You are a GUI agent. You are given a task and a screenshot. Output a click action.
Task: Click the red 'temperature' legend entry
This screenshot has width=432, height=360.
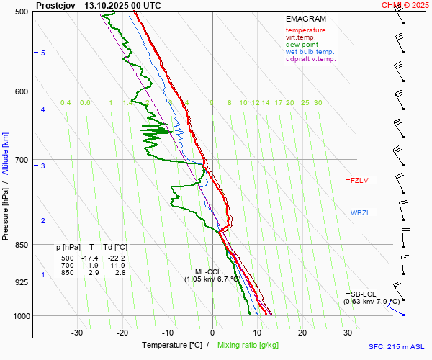click(x=305, y=30)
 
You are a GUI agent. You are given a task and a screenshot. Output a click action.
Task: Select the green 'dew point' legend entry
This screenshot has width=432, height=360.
click(x=302, y=45)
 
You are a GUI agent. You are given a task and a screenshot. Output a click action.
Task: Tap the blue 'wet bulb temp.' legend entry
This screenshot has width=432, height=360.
click(x=310, y=52)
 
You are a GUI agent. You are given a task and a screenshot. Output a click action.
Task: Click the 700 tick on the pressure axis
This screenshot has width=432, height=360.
click(x=22, y=160)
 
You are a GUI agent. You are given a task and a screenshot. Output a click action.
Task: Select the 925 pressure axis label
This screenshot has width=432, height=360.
click(x=22, y=282)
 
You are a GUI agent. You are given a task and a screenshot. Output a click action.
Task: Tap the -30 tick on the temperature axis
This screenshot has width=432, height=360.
click(x=77, y=333)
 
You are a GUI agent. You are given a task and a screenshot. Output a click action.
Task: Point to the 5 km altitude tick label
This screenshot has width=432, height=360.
click(x=43, y=53)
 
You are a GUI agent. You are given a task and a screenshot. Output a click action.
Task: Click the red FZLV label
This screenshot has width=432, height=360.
click(x=359, y=180)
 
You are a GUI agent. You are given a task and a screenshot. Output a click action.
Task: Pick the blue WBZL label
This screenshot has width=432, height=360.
click(x=360, y=212)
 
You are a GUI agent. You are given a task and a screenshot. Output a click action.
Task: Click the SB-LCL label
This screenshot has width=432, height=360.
click(x=364, y=294)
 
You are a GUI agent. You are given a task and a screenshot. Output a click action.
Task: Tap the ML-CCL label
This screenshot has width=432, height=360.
click(x=208, y=271)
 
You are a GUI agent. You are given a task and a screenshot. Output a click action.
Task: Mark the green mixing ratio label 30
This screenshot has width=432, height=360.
click(x=318, y=103)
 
